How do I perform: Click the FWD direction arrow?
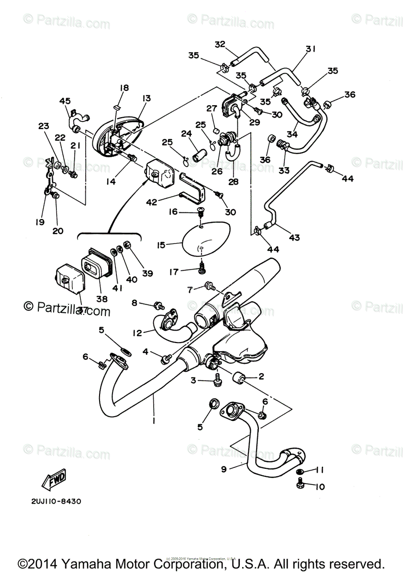point(54,480)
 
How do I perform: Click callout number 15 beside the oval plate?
point(161,245)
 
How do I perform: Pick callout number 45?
point(65,100)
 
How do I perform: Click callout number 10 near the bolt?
point(320,487)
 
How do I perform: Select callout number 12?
point(137,332)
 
